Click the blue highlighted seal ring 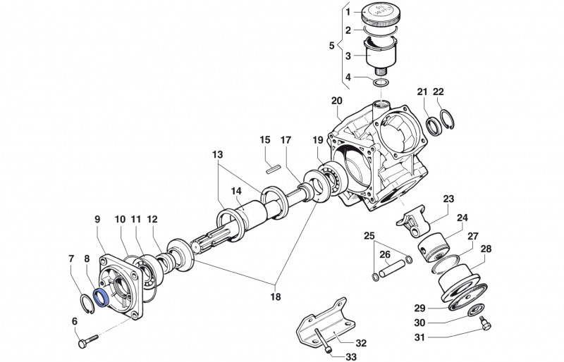tap(101, 297)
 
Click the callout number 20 tap(336, 100)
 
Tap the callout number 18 tap(276, 297)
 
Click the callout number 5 tap(331, 46)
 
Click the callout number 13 tap(216, 154)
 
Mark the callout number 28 tap(486, 249)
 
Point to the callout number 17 tap(286, 140)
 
